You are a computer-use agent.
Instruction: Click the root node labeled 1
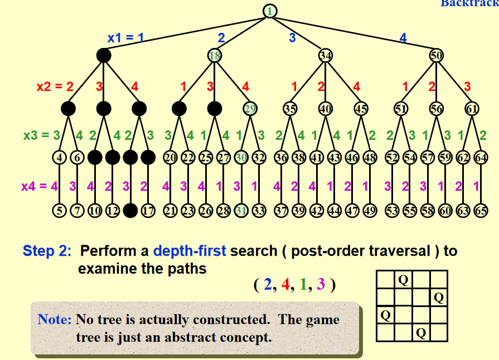coord(270,11)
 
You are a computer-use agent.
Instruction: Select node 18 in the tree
coord(215,55)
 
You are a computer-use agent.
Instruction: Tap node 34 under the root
coord(326,55)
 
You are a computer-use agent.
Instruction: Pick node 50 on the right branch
coord(437,55)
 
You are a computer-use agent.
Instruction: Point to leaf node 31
coord(241,211)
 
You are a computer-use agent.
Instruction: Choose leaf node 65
coord(481,211)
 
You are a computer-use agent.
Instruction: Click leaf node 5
coord(60,211)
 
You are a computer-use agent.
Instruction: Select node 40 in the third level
coord(326,109)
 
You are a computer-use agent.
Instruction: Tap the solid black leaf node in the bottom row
coord(130,211)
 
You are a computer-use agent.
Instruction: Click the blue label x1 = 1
coord(126,38)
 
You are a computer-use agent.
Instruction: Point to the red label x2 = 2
coord(55,86)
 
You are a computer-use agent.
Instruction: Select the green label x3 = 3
coord(41,135)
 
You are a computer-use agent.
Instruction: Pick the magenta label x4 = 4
coord(39,186)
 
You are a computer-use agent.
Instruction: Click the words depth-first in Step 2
coord(189,251)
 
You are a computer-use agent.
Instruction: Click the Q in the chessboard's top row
coord(403,279)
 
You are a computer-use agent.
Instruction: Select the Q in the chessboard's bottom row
coord(421,333)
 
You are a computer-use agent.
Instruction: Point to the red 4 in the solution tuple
coord(285,285)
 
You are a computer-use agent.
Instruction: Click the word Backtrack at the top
coord(469,3)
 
